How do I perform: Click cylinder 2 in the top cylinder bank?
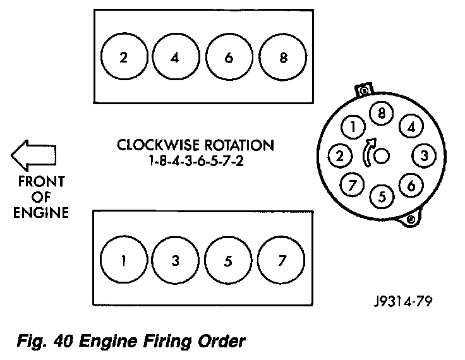click(124, 56)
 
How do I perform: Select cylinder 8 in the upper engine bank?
click(282, 57)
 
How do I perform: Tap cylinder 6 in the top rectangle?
click(229, 57)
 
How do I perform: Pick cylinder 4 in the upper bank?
click(176, 57)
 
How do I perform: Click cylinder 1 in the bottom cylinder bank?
click(124, 260)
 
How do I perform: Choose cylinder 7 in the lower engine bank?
click(281, 260)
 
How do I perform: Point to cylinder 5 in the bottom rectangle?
click(228, 260)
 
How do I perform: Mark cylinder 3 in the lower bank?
click(175, 260)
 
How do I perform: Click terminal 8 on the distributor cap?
click(381, 113)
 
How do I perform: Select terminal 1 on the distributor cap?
click(353, 127)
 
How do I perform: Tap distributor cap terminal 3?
click(424, 155)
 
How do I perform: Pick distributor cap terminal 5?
click(382, 196)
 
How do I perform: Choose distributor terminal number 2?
click(340, 155)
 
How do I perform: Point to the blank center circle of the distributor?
click(382, 155)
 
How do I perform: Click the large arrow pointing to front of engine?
click(33, 155)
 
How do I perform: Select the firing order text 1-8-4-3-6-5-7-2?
click(196, 161)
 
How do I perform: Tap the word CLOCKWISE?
click(158, 145)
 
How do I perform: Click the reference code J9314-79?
click(403, 301)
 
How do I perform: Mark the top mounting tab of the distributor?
click(364, 90)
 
